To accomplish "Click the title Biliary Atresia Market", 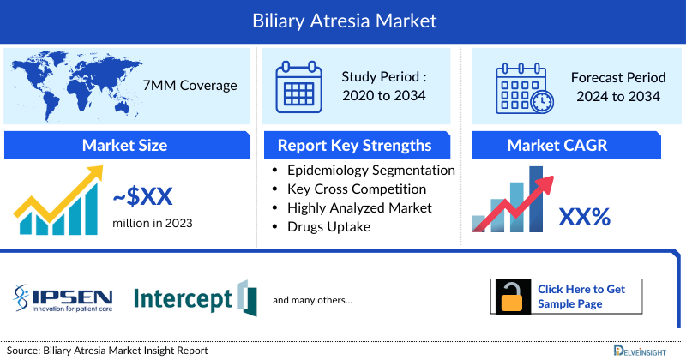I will pyautogui.click(x=343, y=20).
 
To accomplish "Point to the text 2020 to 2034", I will pyautogui.click(x=383, y=95).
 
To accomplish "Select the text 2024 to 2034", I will pyautogui.click(x=618, y=95).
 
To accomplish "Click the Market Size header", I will pyautogui.click(x=125, y=145).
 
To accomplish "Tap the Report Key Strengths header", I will pyautogui.click(x=355, y=145).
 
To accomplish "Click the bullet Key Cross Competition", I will pyautogui.click(x=357, y=189).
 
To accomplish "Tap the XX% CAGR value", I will pyautogui.click(x=584, y=217).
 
